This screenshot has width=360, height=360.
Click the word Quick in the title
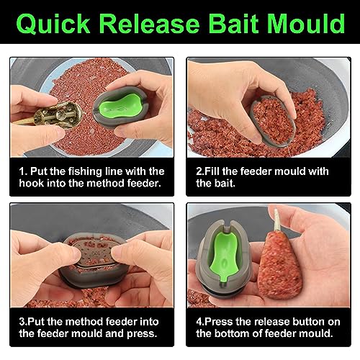point(53,24)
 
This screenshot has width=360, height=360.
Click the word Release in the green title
point(149,24)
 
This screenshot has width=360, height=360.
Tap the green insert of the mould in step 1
point(120,106)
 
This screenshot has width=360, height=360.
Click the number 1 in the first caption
point(22,171)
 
